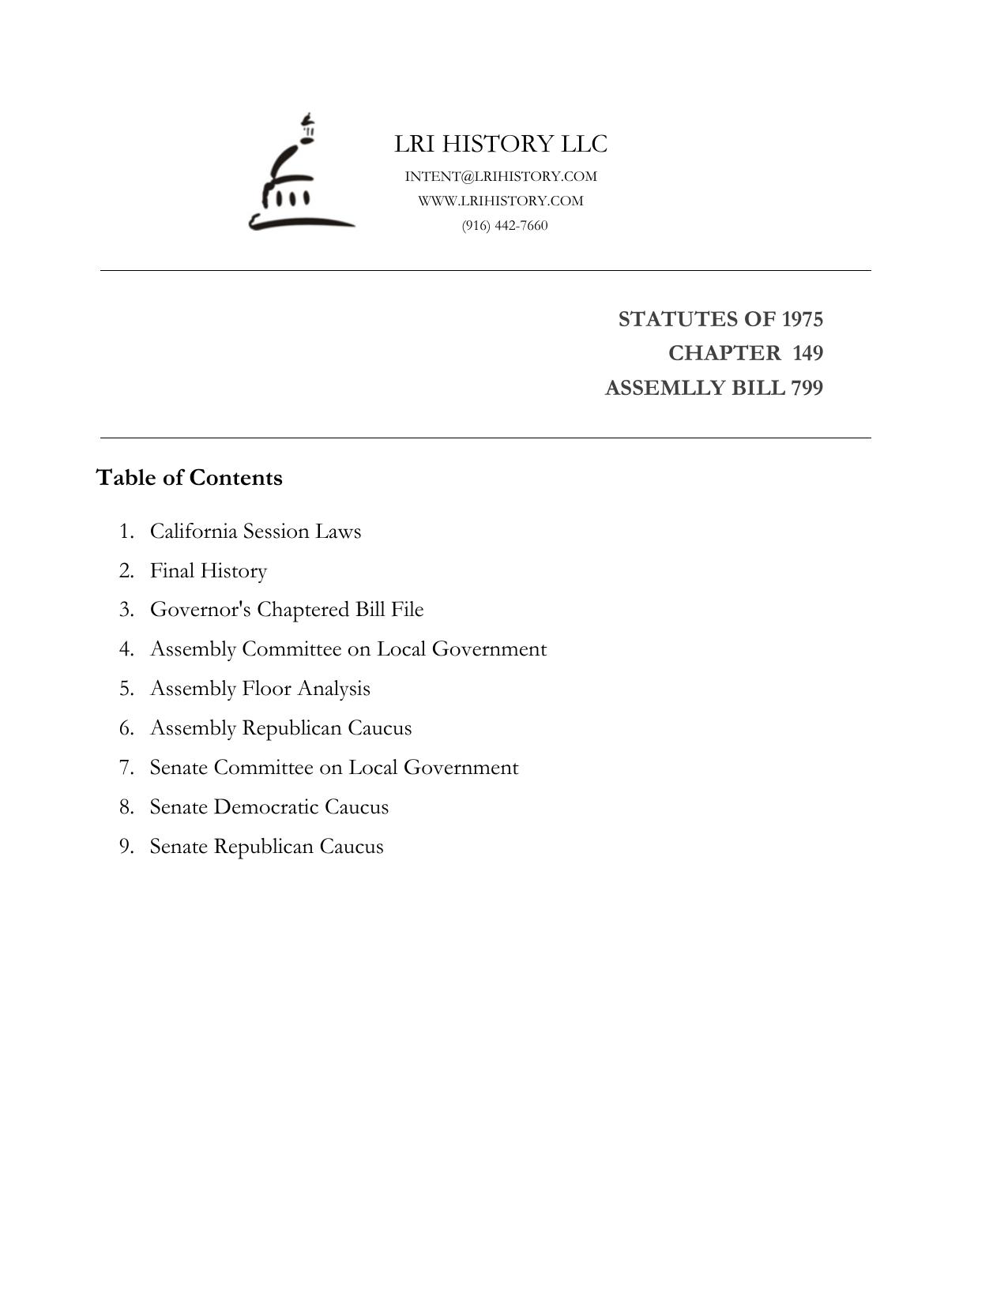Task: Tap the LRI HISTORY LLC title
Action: pyautogui.click(x=501, y=144)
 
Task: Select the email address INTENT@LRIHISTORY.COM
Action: pyautogui.click(x=501, y=176)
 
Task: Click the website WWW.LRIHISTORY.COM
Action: pyautogui.click(x=501, y=201)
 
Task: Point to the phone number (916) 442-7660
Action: pyautogui.click(x=505, y=225)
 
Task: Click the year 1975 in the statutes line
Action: pyautogui.click(x=802, y=319)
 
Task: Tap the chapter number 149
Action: pyautogui.click(x=807, y=353)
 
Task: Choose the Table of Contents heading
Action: pyautogui.click(x=189, y=478)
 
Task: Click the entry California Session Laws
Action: pyautogui.click(x=255, y=531)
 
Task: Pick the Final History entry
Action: pyautogui.click(x=209, y=570)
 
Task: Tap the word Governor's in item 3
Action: pyautogui.click(x=201, y=610)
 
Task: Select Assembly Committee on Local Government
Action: pyautogui.click(x=348, y=649)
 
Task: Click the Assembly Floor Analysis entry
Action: pyautogui.click(x=260, y=689)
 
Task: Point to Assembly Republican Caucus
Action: pyautogui.click(x=280, y=728)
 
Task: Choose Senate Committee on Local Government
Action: pyautogui.click(x=334, y=768)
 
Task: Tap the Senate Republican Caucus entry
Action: pyautogui.click(x=266, y=847)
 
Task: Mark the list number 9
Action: pyautogui.click(x=126, y=847)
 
